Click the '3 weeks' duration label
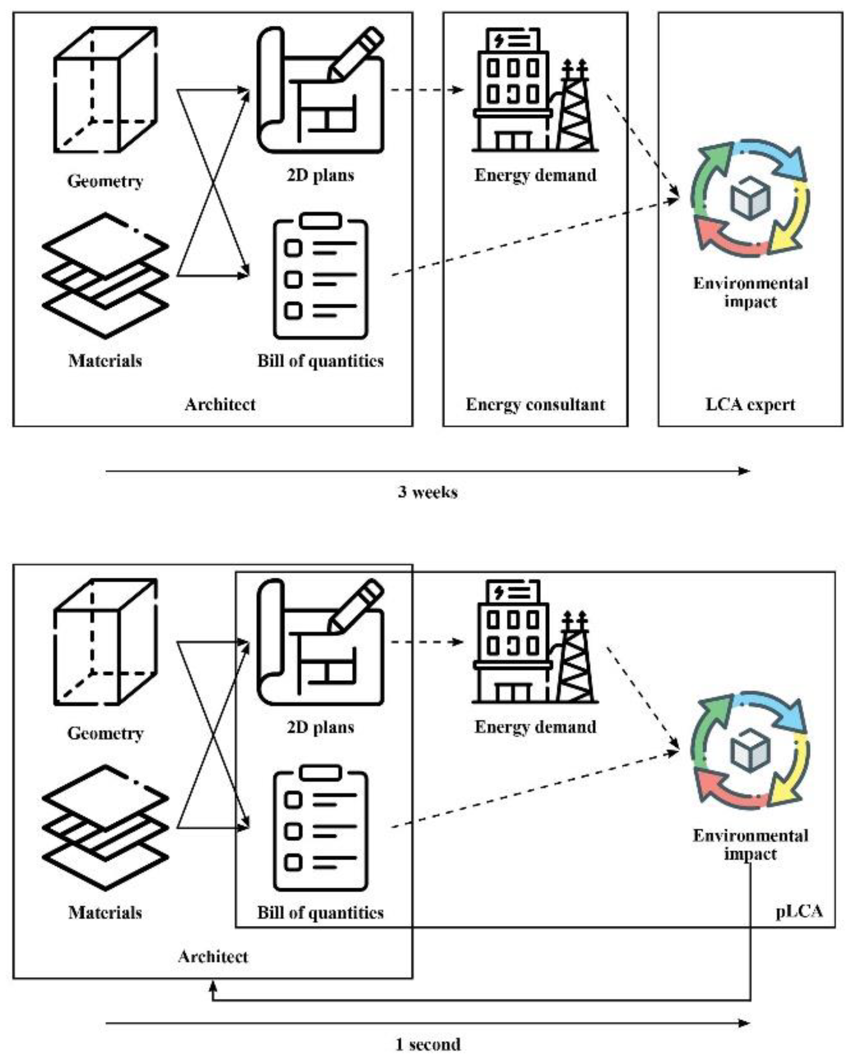tap(427, 492)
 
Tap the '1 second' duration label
tap(427, 1044)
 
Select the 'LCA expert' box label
tap(750, 405)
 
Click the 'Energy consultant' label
tap(535, 405)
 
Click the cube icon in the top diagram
tap(105, 90)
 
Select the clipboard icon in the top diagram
tap(320, 276)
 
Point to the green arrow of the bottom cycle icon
tap(708, 724)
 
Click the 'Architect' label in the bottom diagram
tap(213, 956)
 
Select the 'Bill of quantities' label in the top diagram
tap(320, 360)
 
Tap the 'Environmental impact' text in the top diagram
tap(750, 292)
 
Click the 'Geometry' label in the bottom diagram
tap(105, 733)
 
